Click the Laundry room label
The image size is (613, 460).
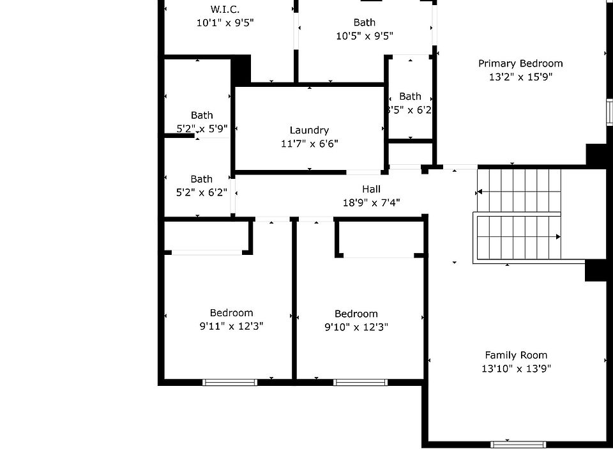309,130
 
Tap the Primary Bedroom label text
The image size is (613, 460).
520,64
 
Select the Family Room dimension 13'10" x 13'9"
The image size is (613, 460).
516,369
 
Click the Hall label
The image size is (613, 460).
371,189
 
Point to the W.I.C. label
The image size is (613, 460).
225,10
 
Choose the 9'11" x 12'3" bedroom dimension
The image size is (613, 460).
231,326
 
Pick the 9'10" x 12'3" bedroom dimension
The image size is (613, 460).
356,327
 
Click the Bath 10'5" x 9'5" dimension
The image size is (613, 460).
365,36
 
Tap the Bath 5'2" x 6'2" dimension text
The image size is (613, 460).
201,192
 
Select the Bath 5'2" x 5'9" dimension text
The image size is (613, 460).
202,128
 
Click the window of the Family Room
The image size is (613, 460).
518,445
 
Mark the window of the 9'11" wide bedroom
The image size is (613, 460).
230,382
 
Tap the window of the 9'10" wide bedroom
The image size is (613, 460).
360,382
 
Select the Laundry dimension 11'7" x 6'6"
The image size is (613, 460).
309,144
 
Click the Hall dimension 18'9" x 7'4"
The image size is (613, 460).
371,203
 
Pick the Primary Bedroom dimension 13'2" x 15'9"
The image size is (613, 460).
520,77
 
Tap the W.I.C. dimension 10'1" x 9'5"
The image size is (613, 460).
225,23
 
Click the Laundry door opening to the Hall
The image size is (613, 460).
363,172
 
